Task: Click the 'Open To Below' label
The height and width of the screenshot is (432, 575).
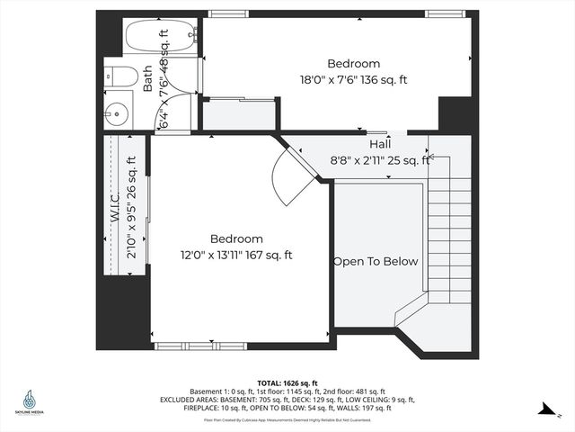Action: (x=376, y=262)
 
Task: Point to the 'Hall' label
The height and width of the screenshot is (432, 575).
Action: (x=379, y=144)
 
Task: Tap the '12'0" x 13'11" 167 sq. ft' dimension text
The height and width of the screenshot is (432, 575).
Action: (x=235, y=256)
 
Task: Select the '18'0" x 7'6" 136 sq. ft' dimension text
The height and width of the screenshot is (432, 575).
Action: (x=353, y=80)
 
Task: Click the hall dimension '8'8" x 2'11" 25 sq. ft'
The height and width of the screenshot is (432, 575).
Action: (x=380, y=160)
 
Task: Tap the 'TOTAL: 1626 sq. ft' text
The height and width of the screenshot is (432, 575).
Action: (x=287, y=382)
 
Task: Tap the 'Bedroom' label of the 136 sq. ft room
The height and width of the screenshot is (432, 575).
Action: (x=353, y=64)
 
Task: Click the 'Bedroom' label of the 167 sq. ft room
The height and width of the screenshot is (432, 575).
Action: (x=236, y=239)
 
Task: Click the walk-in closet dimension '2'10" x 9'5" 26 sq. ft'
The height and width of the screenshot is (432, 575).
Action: (x=132, y=208)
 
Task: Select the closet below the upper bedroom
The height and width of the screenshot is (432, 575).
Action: (x=237, y=114)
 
